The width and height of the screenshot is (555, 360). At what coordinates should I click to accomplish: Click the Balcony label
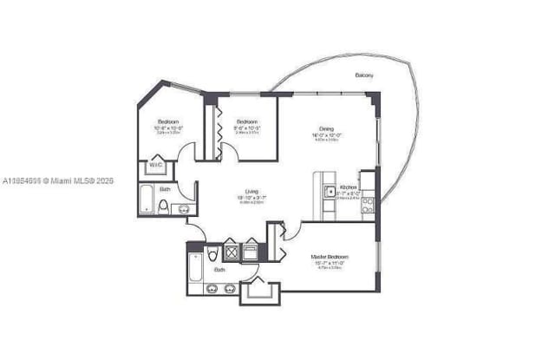tap(364, 76)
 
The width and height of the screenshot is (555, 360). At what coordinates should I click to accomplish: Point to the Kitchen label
tap(348, 187)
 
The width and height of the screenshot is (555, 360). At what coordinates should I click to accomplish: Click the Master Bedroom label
tap(330, 257)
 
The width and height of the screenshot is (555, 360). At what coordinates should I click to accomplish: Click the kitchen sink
tap(330, 192)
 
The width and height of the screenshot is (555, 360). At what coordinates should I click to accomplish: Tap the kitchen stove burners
tap(368, 205)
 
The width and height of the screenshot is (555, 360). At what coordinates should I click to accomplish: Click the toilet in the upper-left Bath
tap(163, 206)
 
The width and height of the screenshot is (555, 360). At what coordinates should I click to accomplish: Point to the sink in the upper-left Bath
tap(184, 208)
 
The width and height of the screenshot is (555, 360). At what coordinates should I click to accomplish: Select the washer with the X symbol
tap(232, 252)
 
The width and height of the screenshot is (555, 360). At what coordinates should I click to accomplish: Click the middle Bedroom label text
tap(247, 122)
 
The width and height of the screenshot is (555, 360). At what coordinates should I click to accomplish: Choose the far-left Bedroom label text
tap(168, 121)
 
